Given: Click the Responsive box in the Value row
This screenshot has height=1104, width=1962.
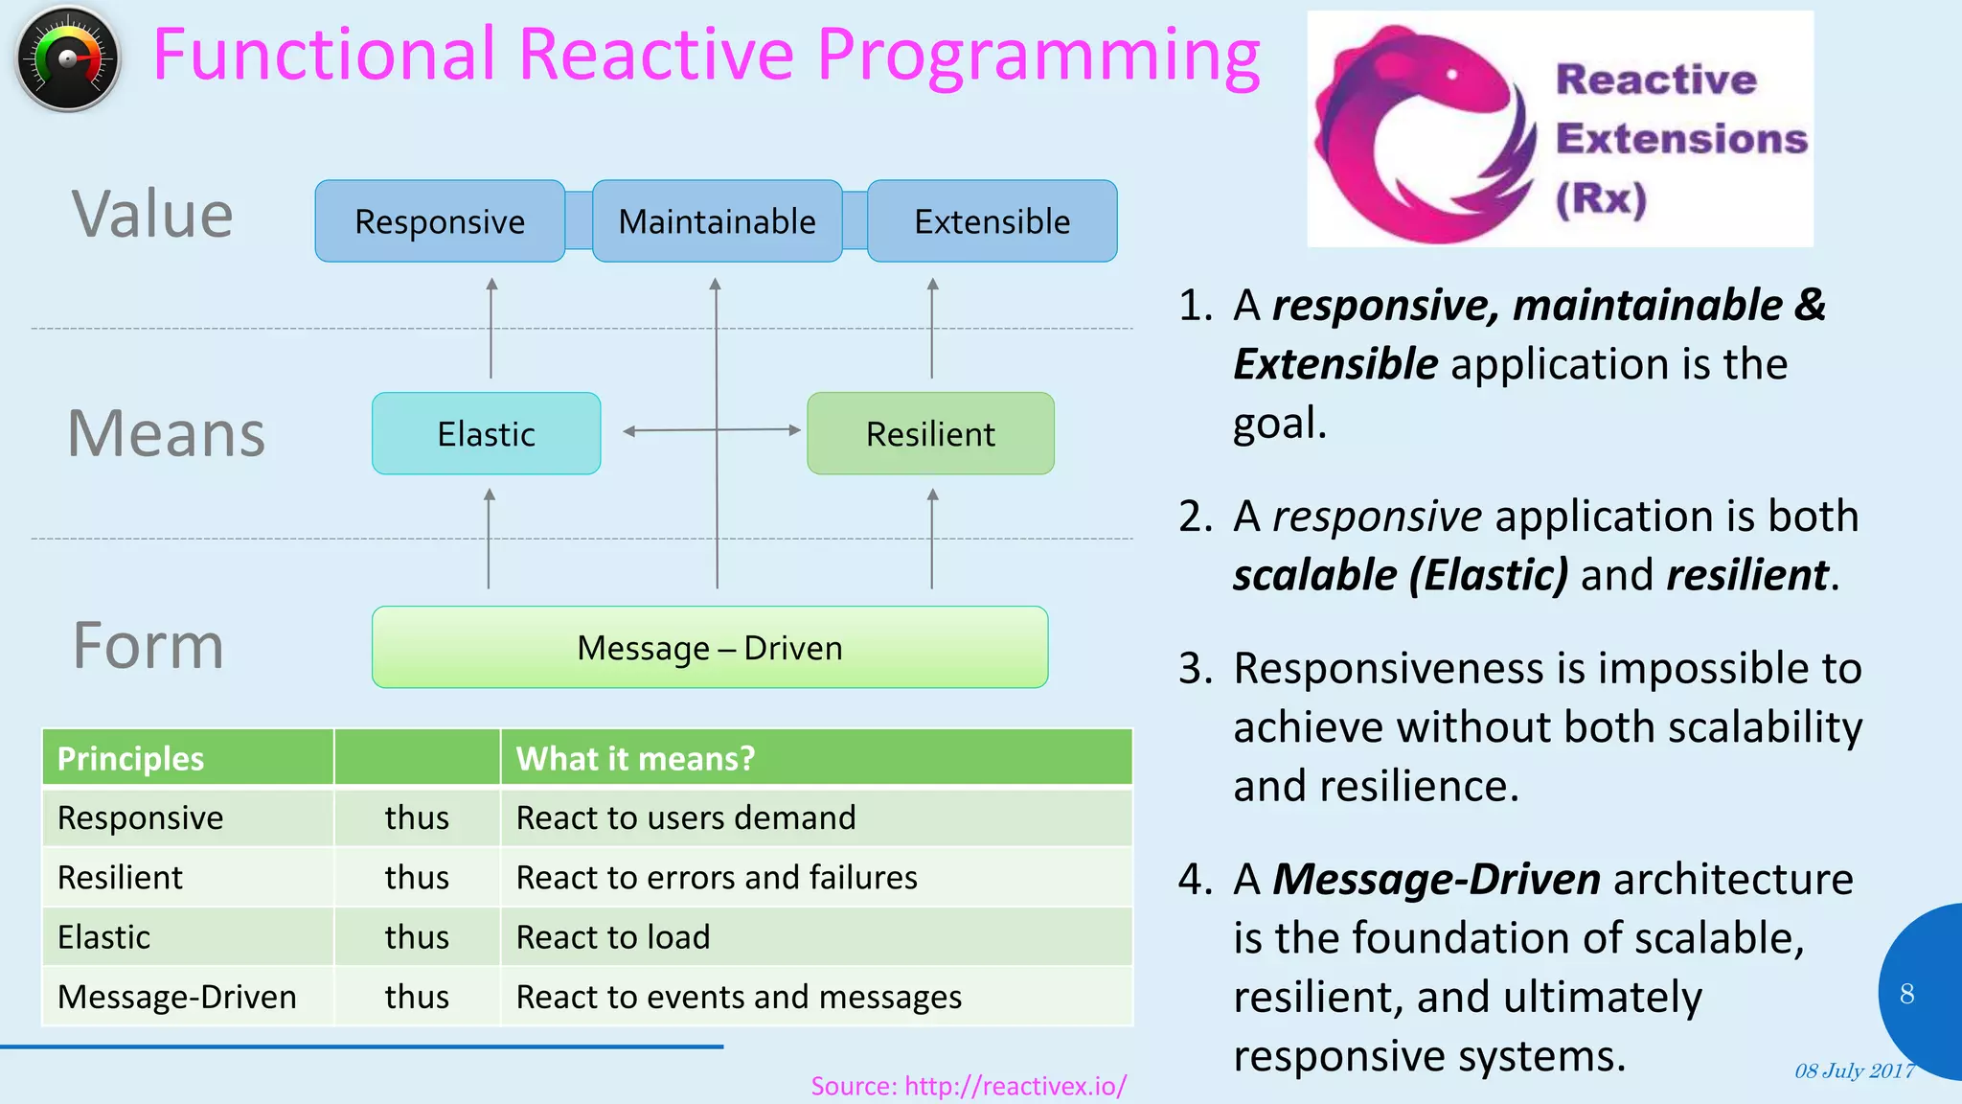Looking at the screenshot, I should pos(440,221).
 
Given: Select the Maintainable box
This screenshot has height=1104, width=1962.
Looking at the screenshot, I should pos(717,221).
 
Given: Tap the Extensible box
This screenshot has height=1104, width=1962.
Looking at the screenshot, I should pos(992,221).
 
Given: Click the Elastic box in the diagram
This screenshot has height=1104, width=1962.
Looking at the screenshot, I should pos(486,434).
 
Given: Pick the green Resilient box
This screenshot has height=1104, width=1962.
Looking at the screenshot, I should pos(930,434).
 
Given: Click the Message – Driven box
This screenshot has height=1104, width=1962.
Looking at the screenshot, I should pos(710,648).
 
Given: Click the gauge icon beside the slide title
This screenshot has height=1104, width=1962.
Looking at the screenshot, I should pos(68,59).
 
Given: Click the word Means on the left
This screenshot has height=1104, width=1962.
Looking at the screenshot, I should pos(166,434).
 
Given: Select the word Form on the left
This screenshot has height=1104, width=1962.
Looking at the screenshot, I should pos(148,646).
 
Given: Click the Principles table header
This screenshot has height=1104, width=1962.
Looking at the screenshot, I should pos(131,759).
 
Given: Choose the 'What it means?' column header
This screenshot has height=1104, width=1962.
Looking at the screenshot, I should pos(635,759).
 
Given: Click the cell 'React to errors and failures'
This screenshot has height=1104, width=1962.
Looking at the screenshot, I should pos(717,878).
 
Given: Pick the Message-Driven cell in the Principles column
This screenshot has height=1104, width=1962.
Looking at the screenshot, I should pos(177,998).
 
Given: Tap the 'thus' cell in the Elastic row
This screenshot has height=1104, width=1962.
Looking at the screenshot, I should pos(417,937).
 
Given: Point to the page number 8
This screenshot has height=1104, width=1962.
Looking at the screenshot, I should pos(1906,994).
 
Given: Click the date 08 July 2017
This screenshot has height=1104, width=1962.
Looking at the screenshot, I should pos(1854,1071).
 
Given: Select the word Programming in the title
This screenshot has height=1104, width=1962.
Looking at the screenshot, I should pos(1038,56).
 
